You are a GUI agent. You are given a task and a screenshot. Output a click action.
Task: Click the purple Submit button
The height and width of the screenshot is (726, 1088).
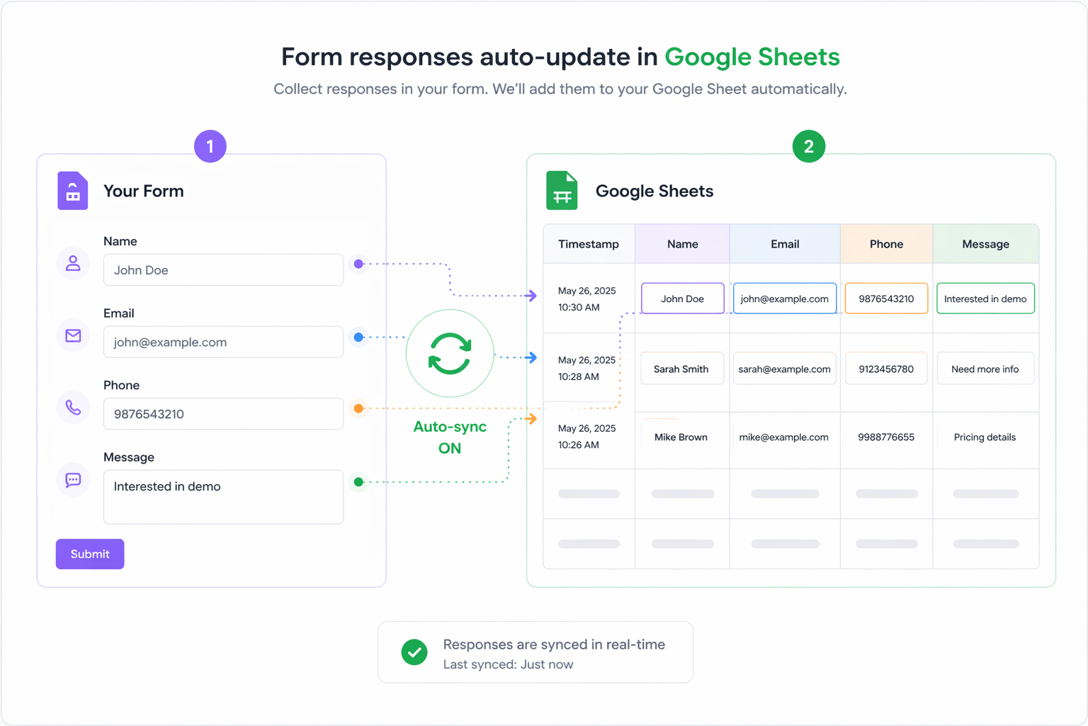[90, 554]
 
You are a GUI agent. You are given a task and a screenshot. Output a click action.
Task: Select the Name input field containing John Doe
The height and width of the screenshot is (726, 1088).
[223, 270]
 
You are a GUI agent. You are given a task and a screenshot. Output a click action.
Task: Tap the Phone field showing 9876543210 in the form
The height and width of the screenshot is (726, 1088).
[223, 414]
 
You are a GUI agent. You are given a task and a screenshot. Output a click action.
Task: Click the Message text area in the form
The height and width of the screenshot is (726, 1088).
[223, 497]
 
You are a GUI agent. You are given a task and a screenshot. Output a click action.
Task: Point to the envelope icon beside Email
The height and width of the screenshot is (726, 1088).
[73, 335]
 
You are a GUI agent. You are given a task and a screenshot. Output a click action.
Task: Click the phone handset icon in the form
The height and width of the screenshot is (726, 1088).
[73, 408]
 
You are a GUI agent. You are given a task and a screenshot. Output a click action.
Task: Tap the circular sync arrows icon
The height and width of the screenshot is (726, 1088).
[450, 354]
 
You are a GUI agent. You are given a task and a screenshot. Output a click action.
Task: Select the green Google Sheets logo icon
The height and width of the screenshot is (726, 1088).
[562, 191]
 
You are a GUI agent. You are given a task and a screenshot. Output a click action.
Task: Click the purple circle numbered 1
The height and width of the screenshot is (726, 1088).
[210, 146]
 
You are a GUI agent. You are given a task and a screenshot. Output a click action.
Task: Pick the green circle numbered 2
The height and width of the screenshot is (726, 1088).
[808, 146]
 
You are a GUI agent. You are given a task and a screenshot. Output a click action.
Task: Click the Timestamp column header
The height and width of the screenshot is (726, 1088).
[589, 244]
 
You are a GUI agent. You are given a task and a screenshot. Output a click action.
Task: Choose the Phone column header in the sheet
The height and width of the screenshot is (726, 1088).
[886, 244]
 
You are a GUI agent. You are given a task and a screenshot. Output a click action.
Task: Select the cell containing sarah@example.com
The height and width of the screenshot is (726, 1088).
[784, 369]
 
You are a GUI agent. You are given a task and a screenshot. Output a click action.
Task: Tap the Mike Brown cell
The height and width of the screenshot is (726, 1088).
[681, 437]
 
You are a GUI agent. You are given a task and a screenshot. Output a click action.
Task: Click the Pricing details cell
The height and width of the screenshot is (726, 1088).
[985, 437]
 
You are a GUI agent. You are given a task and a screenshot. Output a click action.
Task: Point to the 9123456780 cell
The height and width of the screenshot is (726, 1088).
[886, 369]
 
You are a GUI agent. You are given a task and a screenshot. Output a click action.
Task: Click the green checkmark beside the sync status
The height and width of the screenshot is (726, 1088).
[414, 652]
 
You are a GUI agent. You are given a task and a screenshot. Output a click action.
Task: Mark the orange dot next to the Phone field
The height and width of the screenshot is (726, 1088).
[358, 408]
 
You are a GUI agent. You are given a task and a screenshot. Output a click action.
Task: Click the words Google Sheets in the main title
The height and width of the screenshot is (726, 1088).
[752, 57]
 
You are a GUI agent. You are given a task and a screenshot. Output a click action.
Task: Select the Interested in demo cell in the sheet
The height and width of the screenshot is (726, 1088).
[985, 298]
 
